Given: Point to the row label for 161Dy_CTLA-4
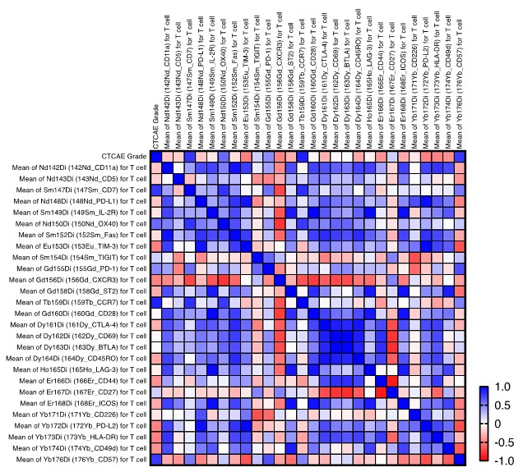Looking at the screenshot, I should (73, 324).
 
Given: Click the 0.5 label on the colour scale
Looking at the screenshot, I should (502, 405).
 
